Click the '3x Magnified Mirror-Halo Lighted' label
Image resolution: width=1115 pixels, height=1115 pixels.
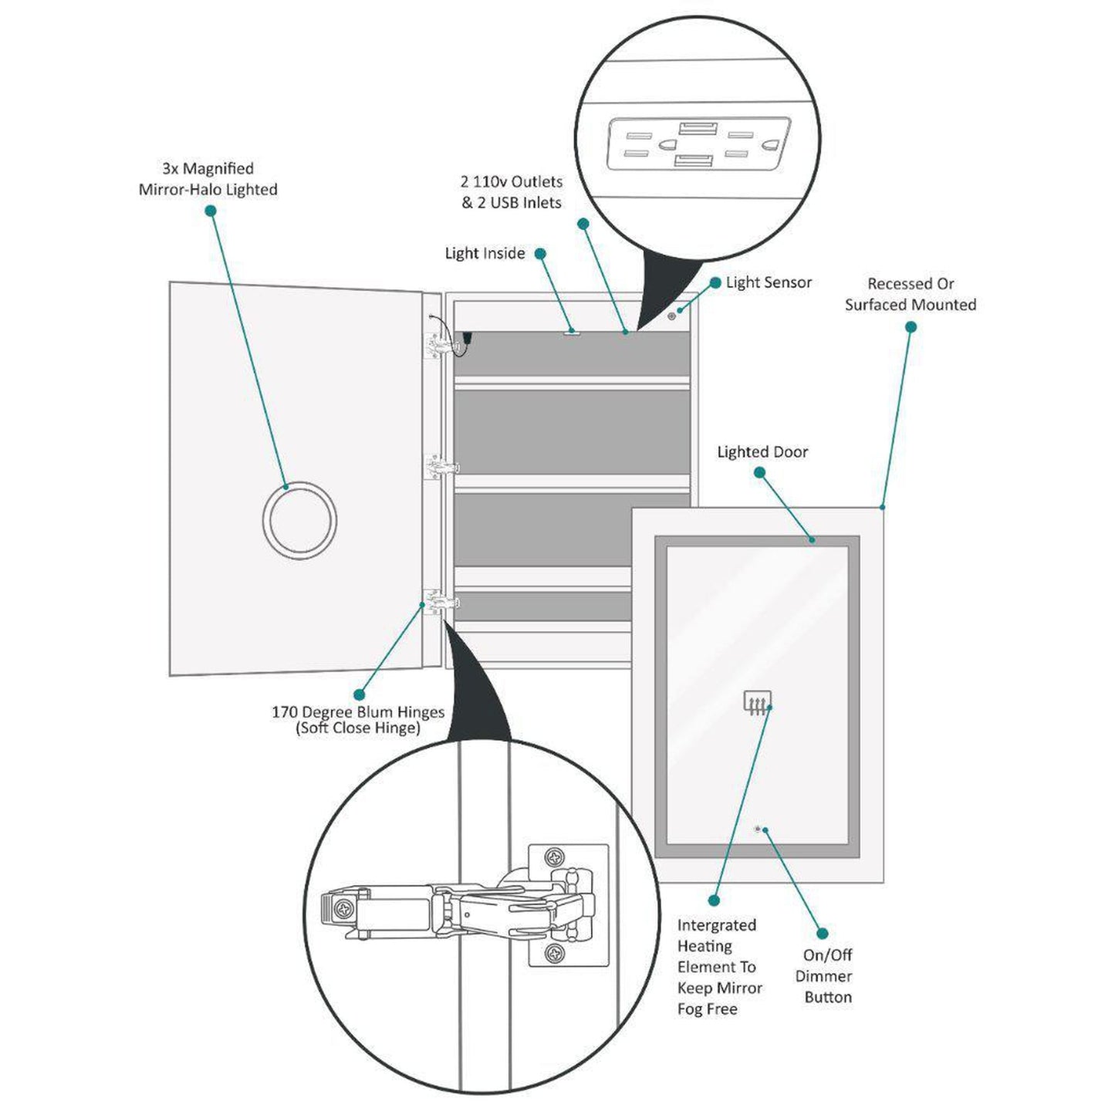[x=208, y=179]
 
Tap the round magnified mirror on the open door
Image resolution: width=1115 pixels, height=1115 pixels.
[x=299, y=519]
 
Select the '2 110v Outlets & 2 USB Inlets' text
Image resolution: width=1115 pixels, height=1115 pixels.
[x=512, y=192]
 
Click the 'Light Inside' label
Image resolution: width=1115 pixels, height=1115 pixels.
[x=485, y=254]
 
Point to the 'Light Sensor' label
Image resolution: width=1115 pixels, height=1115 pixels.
[x=769, y=282]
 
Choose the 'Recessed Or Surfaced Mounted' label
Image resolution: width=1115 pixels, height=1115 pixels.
[x=911, y=294]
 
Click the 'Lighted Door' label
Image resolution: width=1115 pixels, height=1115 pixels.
[x=762, y=452]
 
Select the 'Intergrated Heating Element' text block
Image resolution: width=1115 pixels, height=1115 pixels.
[x=719, y=967]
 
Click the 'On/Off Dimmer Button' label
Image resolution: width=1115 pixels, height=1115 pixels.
[x=826, y=976]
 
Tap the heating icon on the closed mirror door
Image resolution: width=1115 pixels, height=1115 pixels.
[x=757, y=702]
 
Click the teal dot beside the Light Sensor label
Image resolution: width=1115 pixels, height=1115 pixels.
[x=715, y=283]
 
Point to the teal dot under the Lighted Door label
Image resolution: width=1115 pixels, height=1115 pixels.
[x=759, y=473]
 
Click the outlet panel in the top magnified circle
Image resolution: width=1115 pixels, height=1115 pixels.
[x=698, y=144]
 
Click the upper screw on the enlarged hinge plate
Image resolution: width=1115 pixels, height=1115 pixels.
[x=554, y=857]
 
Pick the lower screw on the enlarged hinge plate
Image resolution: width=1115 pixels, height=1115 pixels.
[x=554, y=954]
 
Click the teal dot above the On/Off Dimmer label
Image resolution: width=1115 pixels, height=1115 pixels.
[x=823, y=934]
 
